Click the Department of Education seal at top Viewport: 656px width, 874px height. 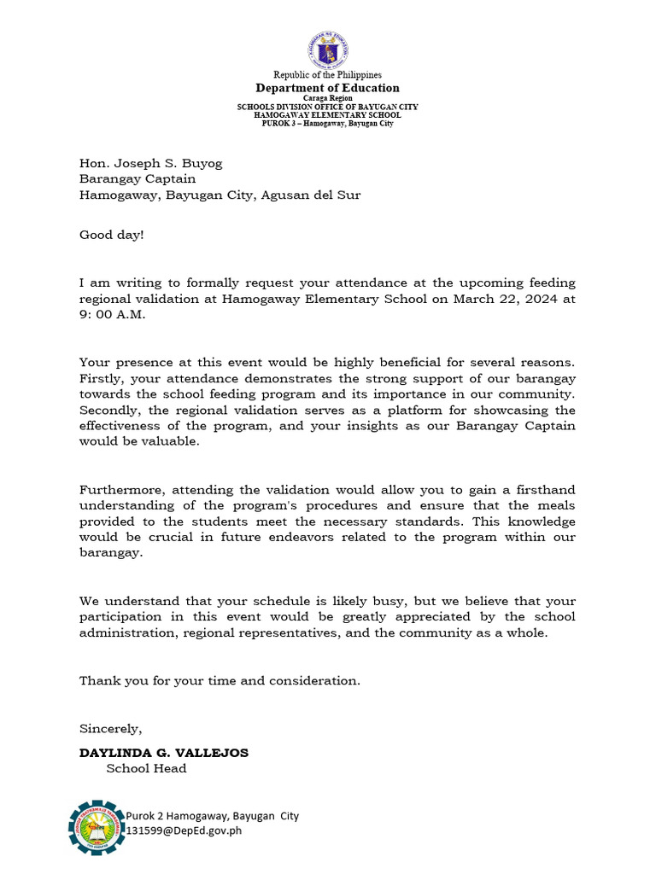(x=327, y=50)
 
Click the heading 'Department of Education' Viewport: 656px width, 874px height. (x=328, y=88)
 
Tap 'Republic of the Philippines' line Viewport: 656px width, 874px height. (x=327, y=75)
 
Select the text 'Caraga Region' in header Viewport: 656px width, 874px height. (x=327, y=98)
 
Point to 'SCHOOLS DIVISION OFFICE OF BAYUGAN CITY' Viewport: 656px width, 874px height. (x=327, y=107)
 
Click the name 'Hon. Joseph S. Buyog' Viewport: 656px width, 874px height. (x=151, y=163)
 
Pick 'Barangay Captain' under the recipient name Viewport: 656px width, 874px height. (x=138, y=178)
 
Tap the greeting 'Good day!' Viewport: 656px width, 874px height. (x=112, y=234)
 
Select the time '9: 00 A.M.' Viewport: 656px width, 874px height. (x=113, y=314)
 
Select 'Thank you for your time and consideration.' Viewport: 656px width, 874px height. (x=220, y=680)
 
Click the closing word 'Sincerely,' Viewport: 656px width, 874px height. (x=110, y=728)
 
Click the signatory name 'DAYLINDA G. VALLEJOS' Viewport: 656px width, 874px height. (x=164, y=753)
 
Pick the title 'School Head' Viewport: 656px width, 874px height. (x=146, y=768)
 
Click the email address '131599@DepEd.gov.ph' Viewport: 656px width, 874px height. (x=185, y=830)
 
